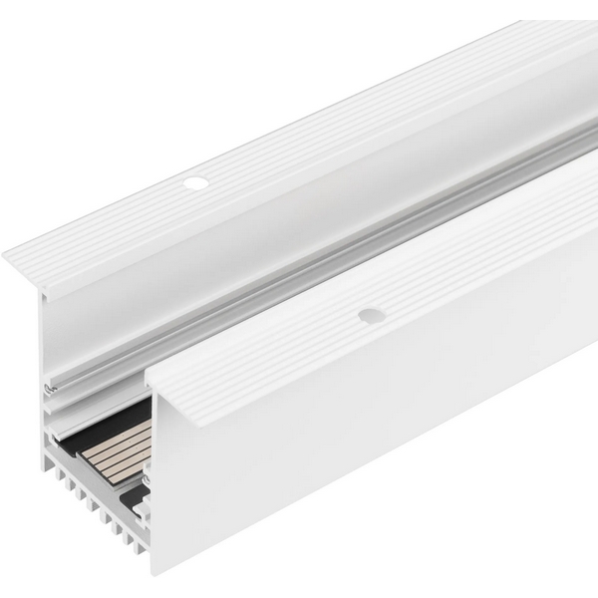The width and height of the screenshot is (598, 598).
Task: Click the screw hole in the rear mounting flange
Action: coord(195,183)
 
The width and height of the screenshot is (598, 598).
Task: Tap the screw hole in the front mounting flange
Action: coord(372,315)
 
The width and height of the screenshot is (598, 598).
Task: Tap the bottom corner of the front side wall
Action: coord(154,572)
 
